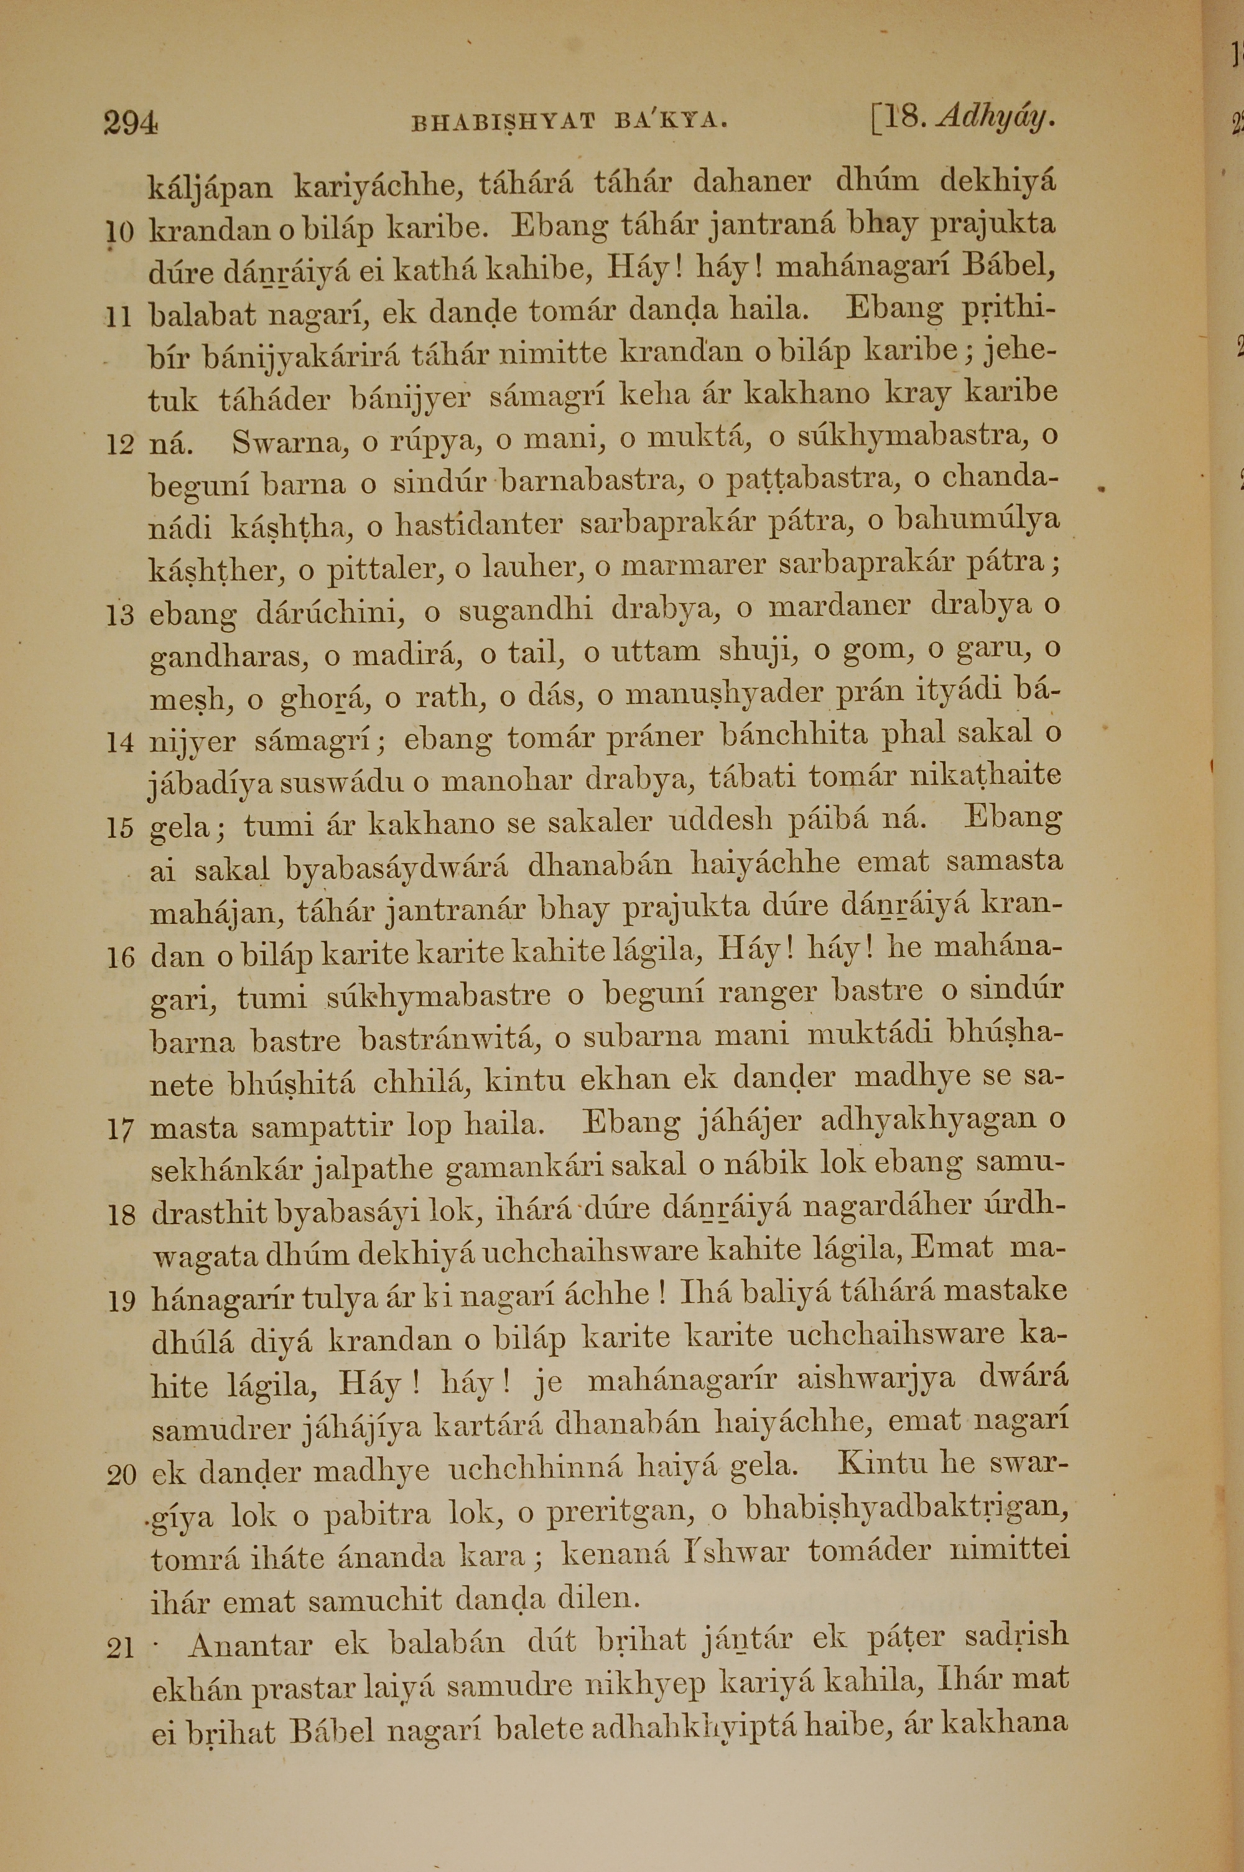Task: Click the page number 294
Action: pos(131,123)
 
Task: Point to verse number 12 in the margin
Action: pos(121,445)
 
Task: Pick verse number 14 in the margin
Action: pos(121,744)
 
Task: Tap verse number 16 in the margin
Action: pos(121,958)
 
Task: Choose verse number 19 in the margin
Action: pos(121,1301)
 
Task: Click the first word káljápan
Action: pos(210,188)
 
